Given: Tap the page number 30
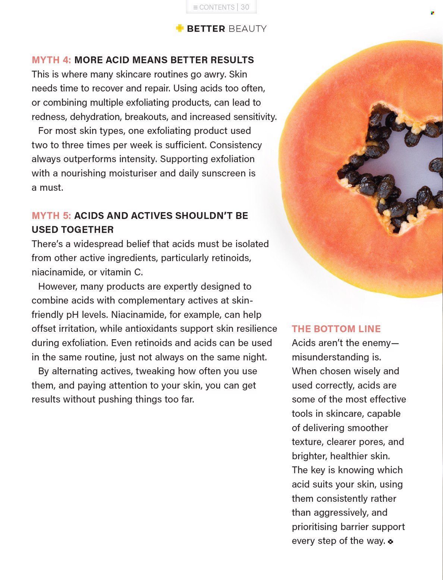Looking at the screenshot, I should [x=245, y=7].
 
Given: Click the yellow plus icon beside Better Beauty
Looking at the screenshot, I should [x=180, y=28].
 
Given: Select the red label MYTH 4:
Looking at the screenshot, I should [x=51, y=60].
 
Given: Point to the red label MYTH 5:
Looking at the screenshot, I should [x=51, y=216].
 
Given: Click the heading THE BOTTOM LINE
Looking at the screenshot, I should [x=336, y=329].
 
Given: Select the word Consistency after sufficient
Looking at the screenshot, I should [x=236, y=145].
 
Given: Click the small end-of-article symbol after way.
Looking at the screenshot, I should [x=390, y=542].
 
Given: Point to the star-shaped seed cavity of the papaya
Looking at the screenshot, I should [x=392, y=168].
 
